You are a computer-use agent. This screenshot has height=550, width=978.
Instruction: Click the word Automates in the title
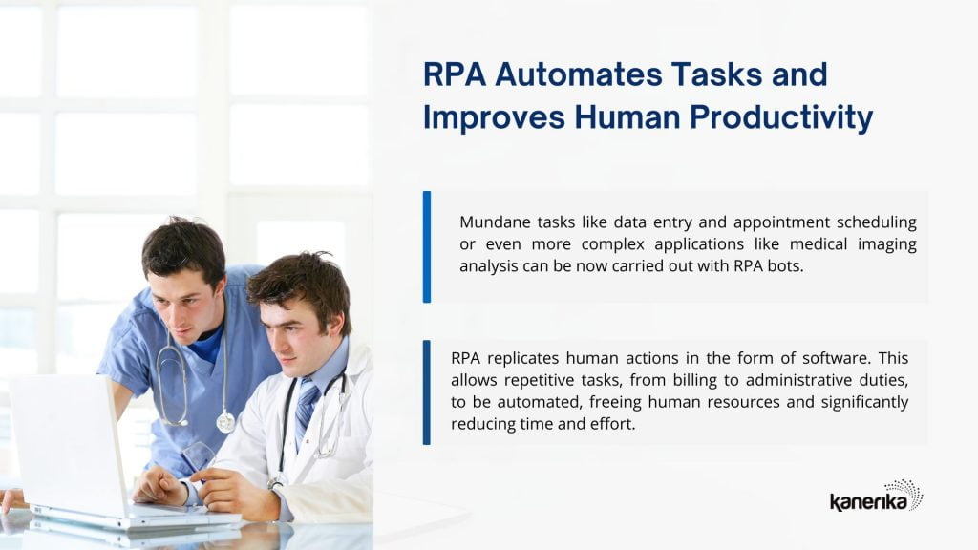tap(579, 74)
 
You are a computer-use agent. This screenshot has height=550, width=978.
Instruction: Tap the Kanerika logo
tap(877, 496)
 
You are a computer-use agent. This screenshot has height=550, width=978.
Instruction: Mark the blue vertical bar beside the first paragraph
tap(427, 247)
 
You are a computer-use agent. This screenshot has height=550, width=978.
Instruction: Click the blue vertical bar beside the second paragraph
tap(427, 392)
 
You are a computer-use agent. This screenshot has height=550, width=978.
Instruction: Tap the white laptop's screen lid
tap(68, 444)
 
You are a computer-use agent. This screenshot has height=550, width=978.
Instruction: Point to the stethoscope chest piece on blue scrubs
tap(225, 422)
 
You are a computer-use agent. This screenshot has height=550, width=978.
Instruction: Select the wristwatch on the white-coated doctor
tap(274, 483)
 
